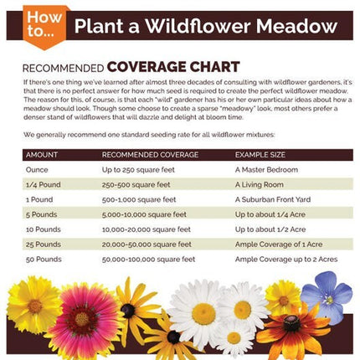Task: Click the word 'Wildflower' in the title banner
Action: point(198,26)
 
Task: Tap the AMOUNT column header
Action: point(42,155)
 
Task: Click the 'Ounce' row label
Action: point(39,170)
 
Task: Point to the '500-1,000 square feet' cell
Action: point(139,199)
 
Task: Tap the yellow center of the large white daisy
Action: point(203,313)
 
